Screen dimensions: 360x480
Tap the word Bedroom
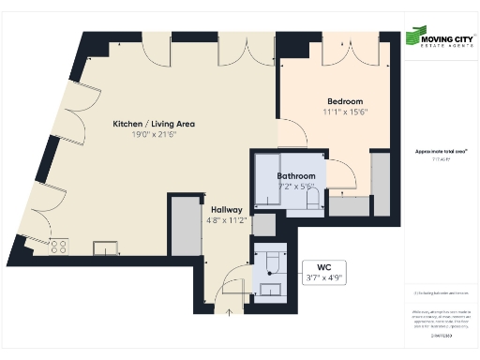coord(344,101)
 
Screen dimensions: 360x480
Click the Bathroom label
coord(295,175)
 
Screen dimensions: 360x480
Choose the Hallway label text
coord(228,211)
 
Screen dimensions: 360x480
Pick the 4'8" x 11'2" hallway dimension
coord(228,221)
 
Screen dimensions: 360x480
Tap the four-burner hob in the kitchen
coord(59,247)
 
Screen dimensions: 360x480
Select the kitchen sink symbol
coord(104,248)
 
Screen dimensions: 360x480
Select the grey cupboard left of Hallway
coord(186,226)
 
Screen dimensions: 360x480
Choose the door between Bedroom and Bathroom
coord(341,173)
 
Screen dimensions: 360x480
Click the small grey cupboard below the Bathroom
coord(264,226)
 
